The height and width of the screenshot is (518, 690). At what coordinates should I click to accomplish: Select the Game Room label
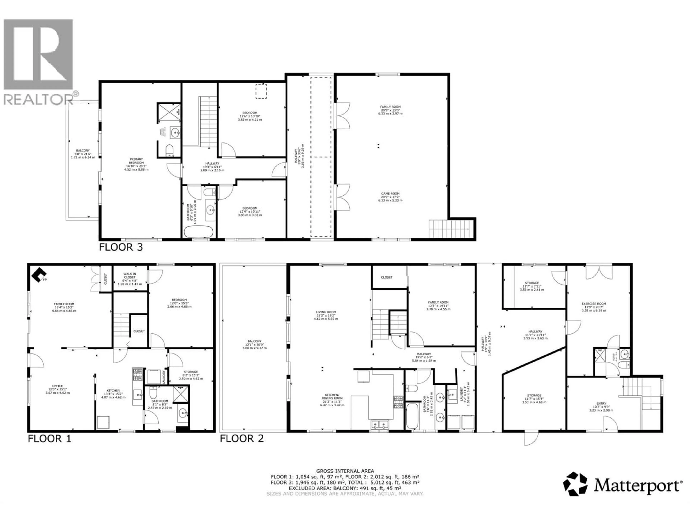[x=390, y=197]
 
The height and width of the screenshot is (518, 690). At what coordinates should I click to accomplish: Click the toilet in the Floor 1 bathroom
[x=153, y=392]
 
